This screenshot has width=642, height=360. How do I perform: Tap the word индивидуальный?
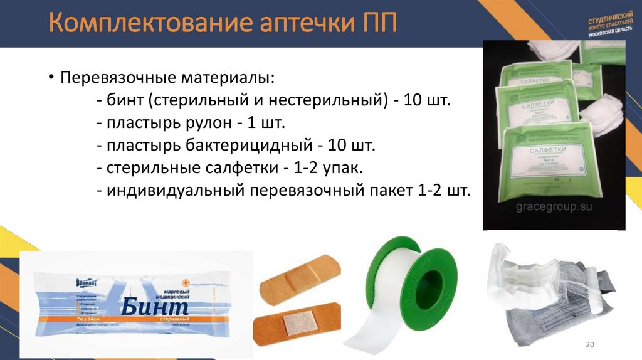pyautogui.click(x=171, y=191)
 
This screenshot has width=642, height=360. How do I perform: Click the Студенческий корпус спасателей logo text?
pyautogui.click(x=607, y=29)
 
